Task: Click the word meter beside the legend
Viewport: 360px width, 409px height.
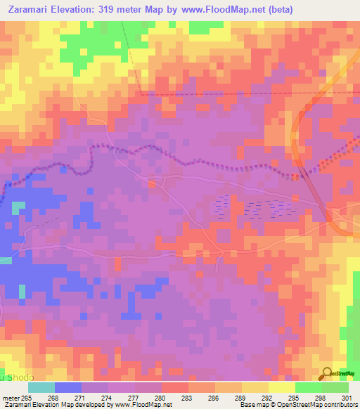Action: tap(13, 398)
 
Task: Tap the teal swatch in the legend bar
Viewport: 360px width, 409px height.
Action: tap(41, 387)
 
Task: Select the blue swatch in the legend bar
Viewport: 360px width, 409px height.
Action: tap(68, 387)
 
